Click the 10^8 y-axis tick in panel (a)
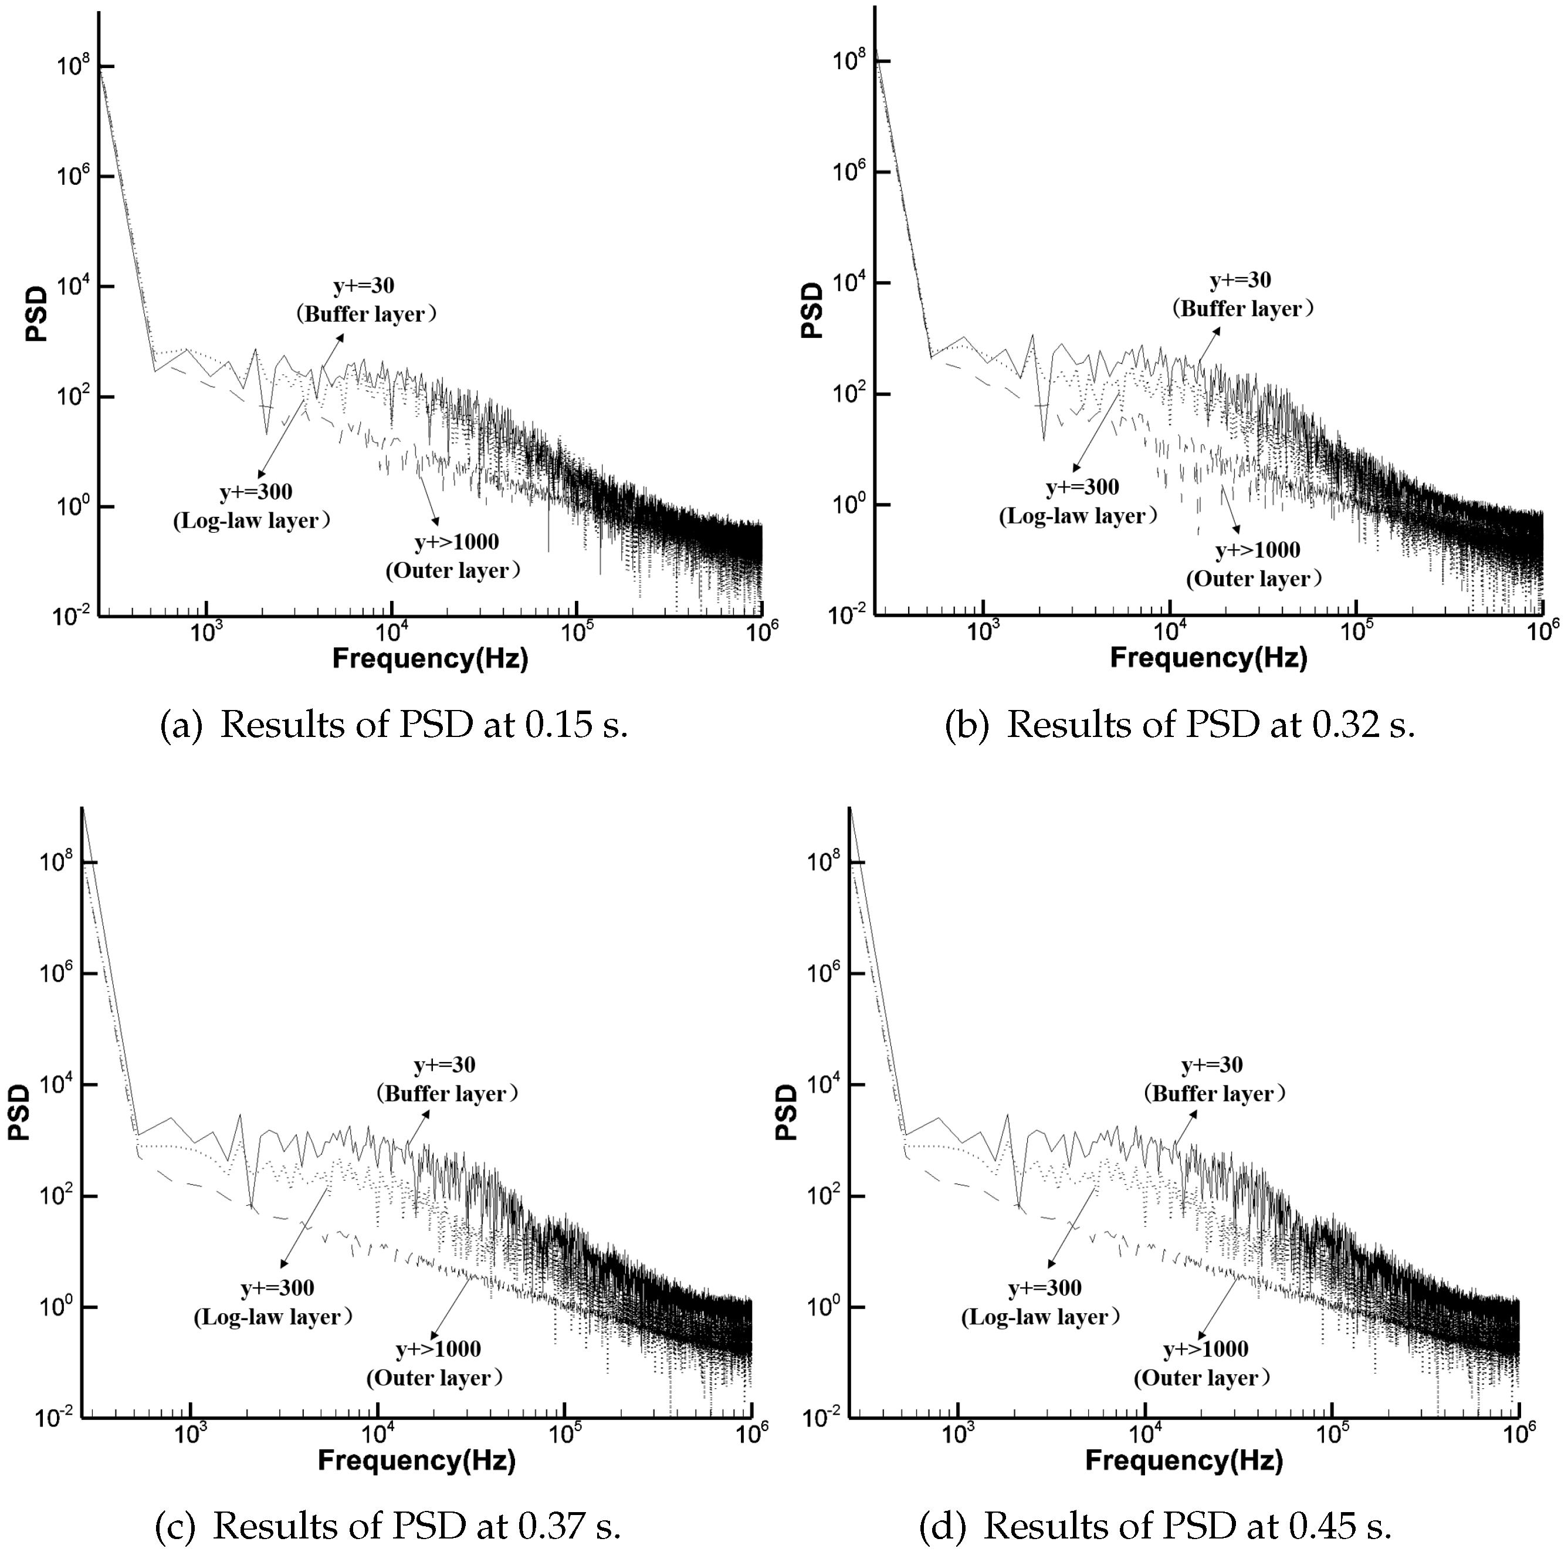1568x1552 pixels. [x=73, y=66]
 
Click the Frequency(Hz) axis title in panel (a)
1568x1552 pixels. [x=430, y=658]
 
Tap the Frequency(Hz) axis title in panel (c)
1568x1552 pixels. [x=416, y=1460]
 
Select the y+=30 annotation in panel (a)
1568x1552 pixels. [x=364, y=286]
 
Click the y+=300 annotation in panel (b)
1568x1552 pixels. [x=1082, y=487]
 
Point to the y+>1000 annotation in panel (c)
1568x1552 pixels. [x=438, y=1348]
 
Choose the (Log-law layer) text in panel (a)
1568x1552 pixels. [x=252, y=520]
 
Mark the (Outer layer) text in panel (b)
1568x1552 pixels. [x=1254, y=579]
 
